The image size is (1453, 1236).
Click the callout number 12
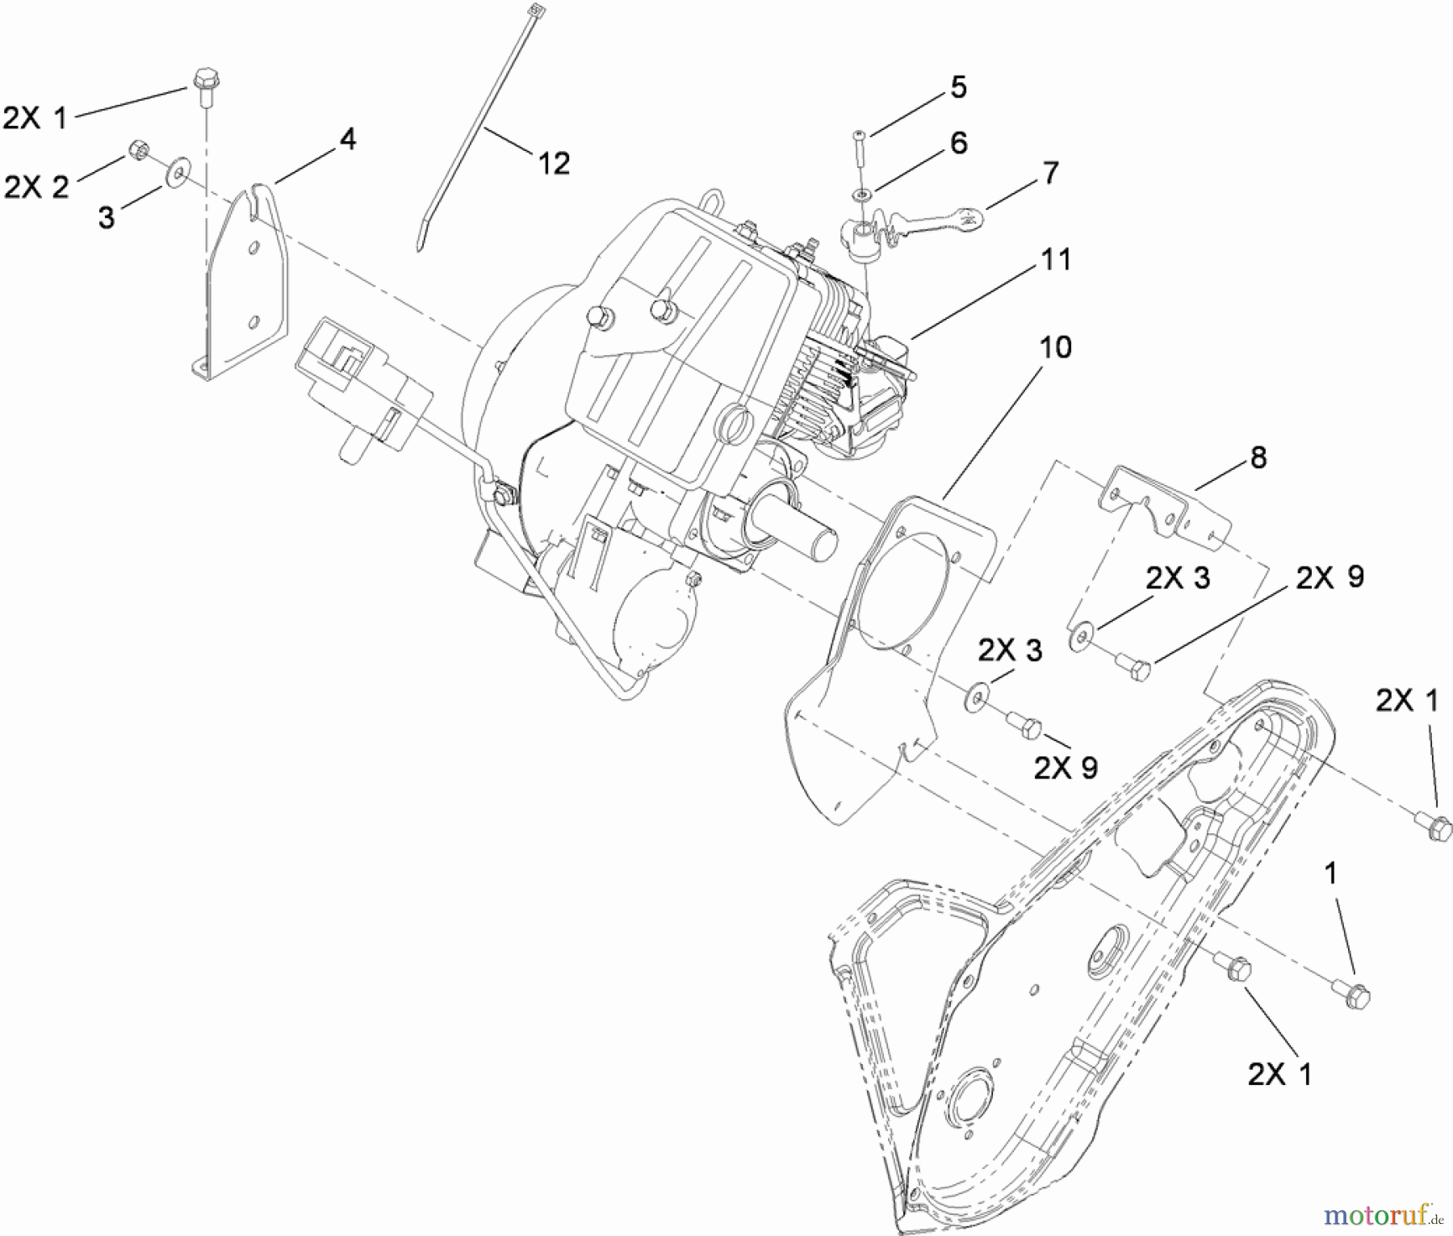point(553,163)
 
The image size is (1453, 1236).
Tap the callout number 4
point(346,140)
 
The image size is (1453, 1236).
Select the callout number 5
point(957,87)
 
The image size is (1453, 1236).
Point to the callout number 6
point(958,143)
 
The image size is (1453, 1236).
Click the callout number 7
point(1049,172)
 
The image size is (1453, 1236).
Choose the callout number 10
point(1055,348)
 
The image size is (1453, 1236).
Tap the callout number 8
point(1258,458)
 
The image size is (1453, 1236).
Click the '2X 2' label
point(36,187)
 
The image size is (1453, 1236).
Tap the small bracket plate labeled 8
point(1162,509)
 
